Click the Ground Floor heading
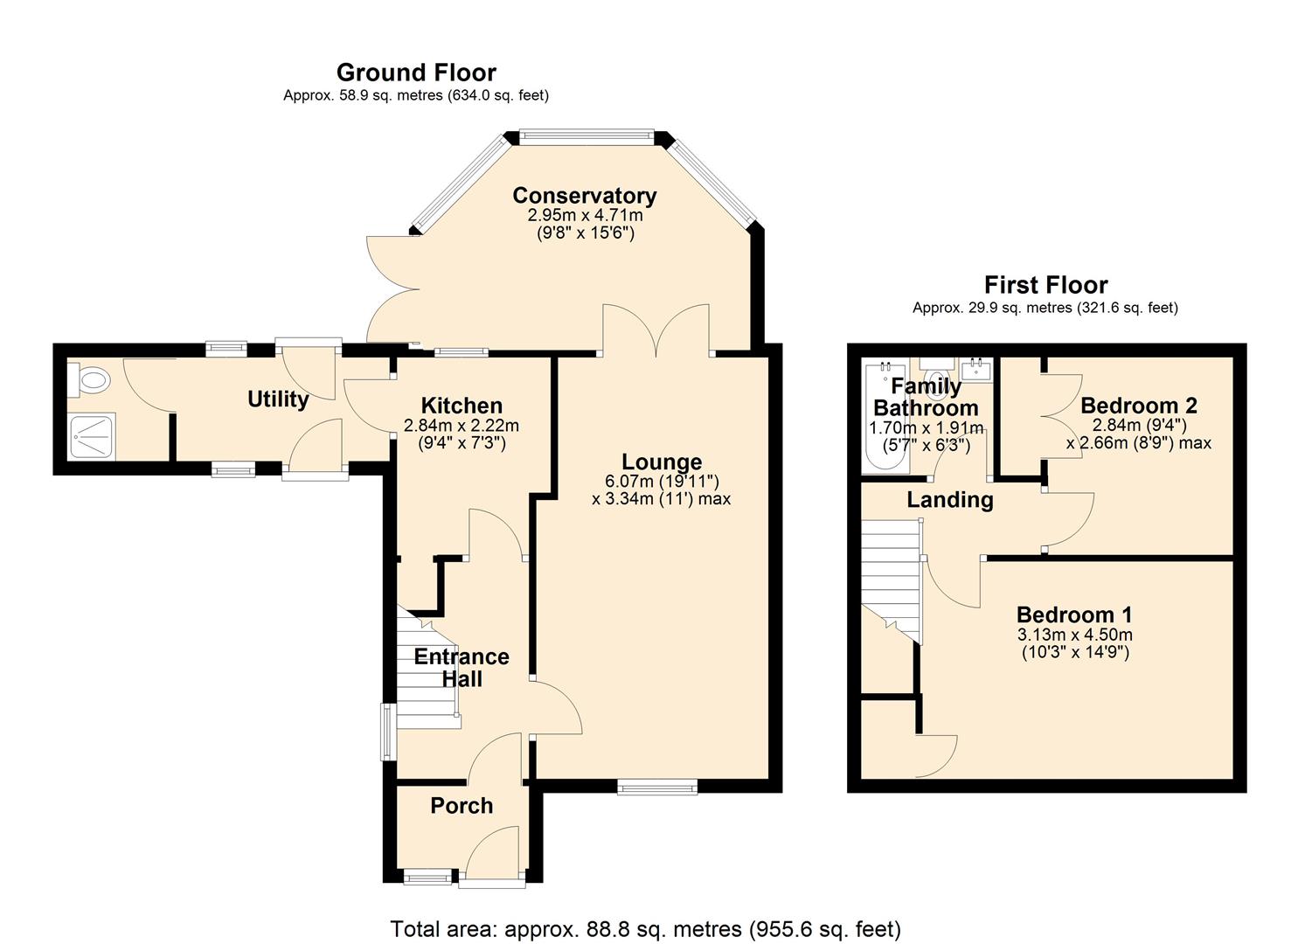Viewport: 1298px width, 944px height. pyautogui.click(x=416, y=73)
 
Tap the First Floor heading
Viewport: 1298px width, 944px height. pyautogui.click(x=1045, y=285)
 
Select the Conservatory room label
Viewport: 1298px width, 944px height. pyautogui.click(x=584, y=196)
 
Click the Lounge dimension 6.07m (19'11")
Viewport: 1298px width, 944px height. pyautogui.click(x=661, y=481)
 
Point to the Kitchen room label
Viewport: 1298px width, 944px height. pyautogui.click(x=462, y=406)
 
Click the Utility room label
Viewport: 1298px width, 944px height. pyautogui.click(x=278, y=399)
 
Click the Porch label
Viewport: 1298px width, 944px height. pyautogui.click(x=462, y=806)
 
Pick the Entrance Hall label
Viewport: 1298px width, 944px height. pyautogui.click(x=462, y=668)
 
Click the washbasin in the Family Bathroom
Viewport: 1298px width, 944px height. pyautogui.click(x=976, y=370)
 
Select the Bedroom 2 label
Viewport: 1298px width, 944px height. pyautogui.click(x=1138, y=406)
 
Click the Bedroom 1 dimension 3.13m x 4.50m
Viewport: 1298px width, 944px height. pyautogui.click(x=1074, y=635)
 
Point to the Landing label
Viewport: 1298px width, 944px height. pyautogui.click(x=949, y=500)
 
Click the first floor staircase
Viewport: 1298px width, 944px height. pyautogui.click(x=892, y=577)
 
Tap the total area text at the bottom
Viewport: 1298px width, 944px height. pyautogui.click(x=645, y=928)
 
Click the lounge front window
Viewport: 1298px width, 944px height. pyautogui.click(x=657, y=788)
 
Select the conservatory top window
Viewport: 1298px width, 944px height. pyautogui.click(x=586, y=135)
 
